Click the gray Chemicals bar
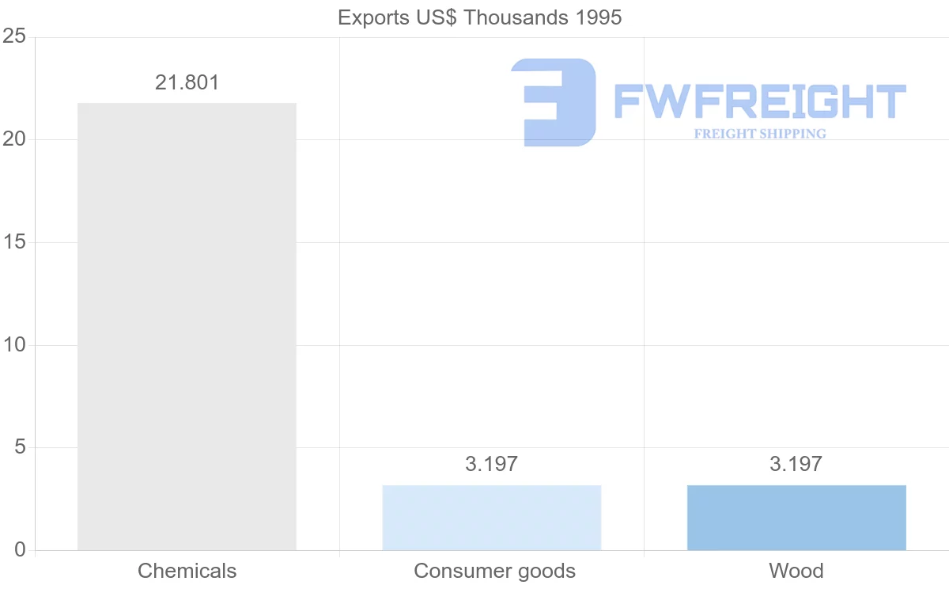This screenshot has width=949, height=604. tap(187, 326)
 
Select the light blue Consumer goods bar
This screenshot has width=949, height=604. tap(491, 518)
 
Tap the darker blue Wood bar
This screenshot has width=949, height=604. tap(796, 518)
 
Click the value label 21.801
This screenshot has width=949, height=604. tap(187, 82)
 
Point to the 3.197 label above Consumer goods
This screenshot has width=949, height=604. tap(491, 464)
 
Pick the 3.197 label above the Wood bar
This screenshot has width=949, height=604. tap(796, 464)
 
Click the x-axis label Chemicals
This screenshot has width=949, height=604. tap(187, 571)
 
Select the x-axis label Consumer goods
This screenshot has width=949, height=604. tap(494, 571)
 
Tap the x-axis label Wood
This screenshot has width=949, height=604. tap(796, 571)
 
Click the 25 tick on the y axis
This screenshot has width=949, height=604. tap(14, 37)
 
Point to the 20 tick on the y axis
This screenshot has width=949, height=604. tap(14, 139)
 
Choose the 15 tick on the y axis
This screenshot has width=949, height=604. tap(14, 242)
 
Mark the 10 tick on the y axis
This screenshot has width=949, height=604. tap(14, 345)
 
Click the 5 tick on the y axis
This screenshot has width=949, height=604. tap(19, 447)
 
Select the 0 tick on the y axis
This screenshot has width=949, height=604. tap(19, 550)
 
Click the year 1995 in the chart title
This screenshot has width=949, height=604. tap(599, 17)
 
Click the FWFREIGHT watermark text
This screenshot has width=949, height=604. tap(759, 101)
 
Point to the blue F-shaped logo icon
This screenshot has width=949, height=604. tap(552, 102)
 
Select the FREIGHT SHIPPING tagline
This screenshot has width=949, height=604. tap(759, 134)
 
